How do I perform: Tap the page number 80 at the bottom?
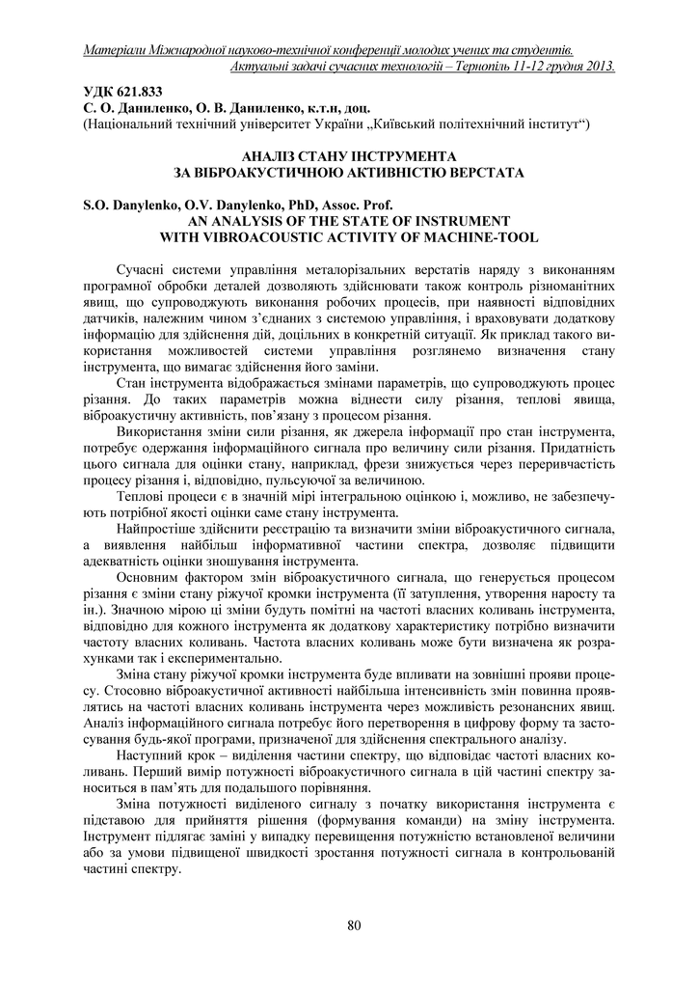[x=353, y=927]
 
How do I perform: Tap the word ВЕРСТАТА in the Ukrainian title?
[x=483, y=174]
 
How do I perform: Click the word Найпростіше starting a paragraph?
[x=160, y=532]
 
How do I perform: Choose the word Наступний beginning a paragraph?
[x=153, y=754]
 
